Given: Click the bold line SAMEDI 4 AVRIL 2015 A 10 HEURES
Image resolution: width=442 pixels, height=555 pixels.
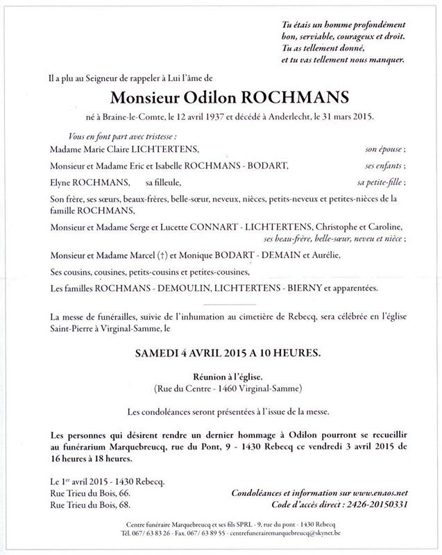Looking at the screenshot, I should click(221, 352).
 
